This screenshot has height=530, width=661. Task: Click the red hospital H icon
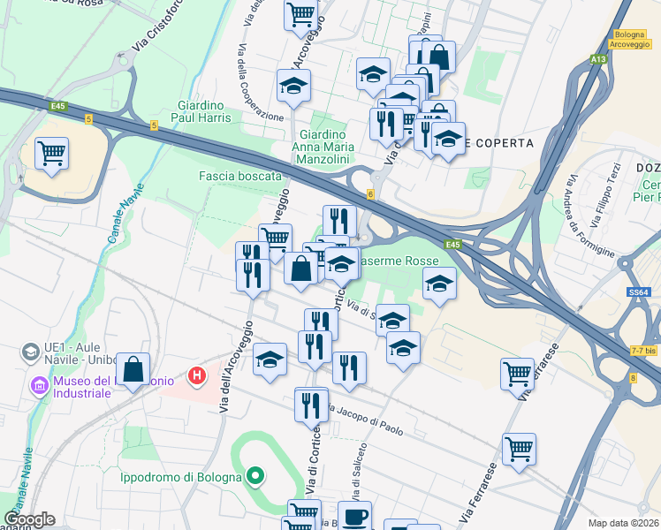[x=198, y=376]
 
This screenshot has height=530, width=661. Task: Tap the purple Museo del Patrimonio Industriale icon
[x=38, y=386]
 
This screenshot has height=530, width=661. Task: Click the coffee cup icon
[x=355, y=516]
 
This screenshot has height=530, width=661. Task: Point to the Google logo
[x=28, y=519]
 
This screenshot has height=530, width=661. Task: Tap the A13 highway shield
[x=598, y=59]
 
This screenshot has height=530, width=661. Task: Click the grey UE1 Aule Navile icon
[x=31, y=352]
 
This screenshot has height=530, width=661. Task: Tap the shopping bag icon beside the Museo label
[x=133, y=371]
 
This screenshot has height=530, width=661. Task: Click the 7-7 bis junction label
[x=642, y=351]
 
